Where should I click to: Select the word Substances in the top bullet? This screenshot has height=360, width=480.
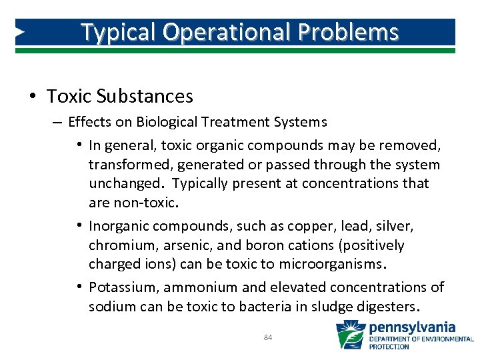click(145, 97)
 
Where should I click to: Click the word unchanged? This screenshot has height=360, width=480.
click(125, 183)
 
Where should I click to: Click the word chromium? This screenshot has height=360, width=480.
click(121, 245)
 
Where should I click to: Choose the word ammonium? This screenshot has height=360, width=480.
click(200, 287)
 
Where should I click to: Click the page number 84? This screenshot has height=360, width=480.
click(267, 338)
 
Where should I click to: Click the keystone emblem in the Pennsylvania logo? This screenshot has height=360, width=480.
click(350, 335)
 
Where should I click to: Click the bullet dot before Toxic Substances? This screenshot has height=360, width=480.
click(33, 97)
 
